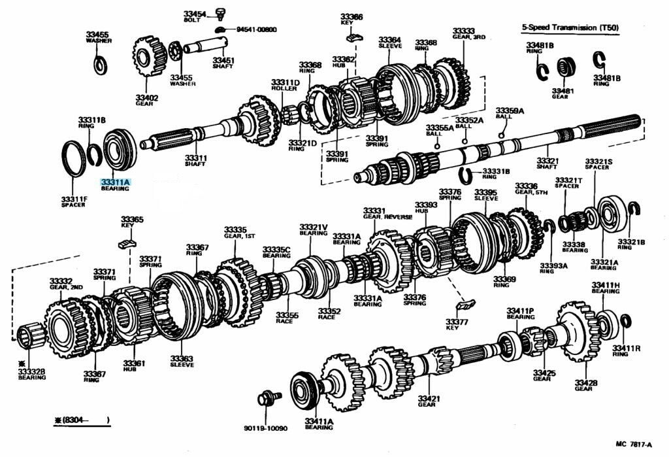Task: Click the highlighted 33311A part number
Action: (116, 182)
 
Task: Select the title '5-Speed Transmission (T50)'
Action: (570, 28)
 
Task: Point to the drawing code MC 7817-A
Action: (633, 445)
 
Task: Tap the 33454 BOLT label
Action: (194, 16)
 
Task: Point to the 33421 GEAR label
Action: (429, 401)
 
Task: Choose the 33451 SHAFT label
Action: (223, 63)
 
